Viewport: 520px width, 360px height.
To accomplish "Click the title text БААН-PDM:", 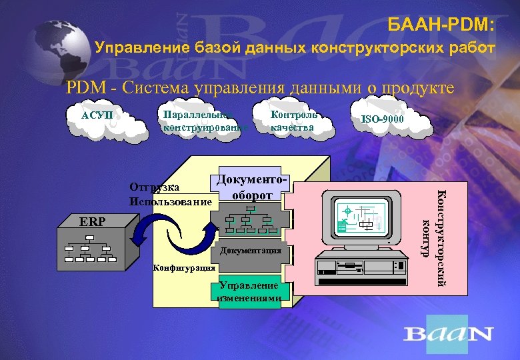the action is tap(441, 25).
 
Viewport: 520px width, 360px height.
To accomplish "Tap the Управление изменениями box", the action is tap(249, 292).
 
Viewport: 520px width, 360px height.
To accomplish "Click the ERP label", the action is tap(92, 221).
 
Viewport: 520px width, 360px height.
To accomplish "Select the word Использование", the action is tap(171, 201).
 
